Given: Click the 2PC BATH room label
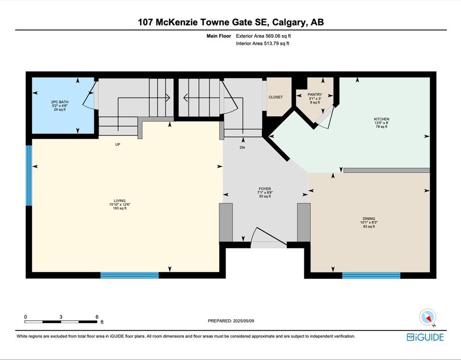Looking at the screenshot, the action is click(x=59, y=102).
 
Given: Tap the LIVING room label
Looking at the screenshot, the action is click(x=119, y=201).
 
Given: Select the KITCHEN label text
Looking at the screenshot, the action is click(x=382, y=119).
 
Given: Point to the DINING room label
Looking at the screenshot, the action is click(x=369, y=218).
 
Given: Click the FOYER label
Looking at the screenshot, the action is click(x=265, y=189).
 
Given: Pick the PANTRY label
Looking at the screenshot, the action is click(x=315, y=95).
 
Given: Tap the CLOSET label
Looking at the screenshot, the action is click(x=275, y=97).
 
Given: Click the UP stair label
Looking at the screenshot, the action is click(x=118, y=144).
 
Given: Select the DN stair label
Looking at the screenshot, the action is click(x=242, y=147).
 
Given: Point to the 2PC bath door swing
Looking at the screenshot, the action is click(x=89, y=97).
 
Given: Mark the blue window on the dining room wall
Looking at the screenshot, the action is click(x=372, y=276).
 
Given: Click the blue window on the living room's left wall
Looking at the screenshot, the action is click(x=29, y=176).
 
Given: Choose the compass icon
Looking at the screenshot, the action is click(x=427, y=317).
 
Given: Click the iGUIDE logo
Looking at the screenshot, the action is click(x=425, y=337).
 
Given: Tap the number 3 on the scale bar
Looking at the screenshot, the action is click(x=61, y=317).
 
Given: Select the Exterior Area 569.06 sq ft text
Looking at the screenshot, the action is click(x=263, y=36).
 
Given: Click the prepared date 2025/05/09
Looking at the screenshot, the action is click(x=244, y=321).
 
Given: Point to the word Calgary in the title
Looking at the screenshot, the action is click(x=290, y=22).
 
